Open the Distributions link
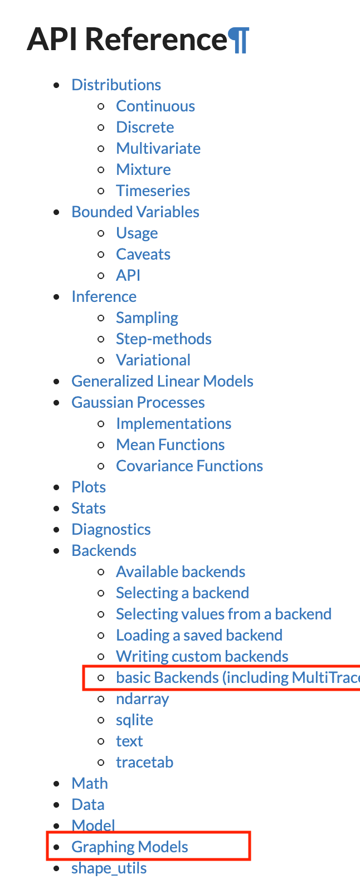pos(116,85)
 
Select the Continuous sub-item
pos(155,106)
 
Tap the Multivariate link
pos(158,149)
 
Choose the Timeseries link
pos(153,191)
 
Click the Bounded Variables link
pos(135,212)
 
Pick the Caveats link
pos(143,255)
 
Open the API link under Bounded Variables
pos(128,276)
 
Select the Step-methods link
pos(163,339)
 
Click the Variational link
pos(153,360)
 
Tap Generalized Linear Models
pos(162,382)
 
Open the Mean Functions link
pos(170,445)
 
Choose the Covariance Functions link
pos(189,466)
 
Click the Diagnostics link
pos(111,530)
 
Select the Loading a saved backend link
pos(199,636)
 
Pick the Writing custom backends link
pos(202,657)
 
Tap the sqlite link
pos(134,720)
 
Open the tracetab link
pos(144,763)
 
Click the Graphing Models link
pos(130,847)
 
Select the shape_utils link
pos(109,868)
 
